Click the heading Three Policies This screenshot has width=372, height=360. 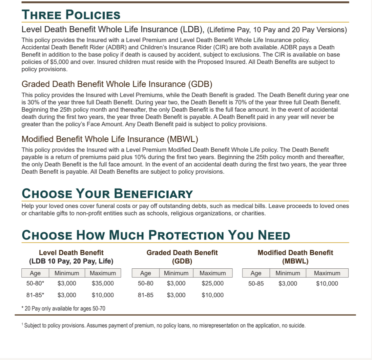(x=71, y=15)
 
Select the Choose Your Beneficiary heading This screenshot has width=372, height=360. (x=107, y=193)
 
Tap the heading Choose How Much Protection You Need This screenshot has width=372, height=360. (x=156, y=235)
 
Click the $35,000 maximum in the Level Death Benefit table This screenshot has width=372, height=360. (x=103, y=283)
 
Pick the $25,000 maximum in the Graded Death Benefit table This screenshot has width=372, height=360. (x=213, y=283)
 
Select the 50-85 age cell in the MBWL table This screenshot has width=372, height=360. (x=256, y=283)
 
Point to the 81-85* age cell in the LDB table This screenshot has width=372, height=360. (x=35, y=295)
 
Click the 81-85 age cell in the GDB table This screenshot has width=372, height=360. (x=145, y=295)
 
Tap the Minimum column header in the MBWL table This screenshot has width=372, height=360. (x=288, y=273)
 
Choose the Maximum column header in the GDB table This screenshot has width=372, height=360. (x=213, y=273)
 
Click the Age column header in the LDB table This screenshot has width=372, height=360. (x=35, y=273)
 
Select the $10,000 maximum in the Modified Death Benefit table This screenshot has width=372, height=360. (x=327, y=283)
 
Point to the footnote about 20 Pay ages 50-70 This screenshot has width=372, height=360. (x=63, y=308)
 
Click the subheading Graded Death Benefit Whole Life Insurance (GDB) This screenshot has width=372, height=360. (x=117, y=84)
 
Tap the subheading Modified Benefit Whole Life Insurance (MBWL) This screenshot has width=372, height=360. (x=110, y=139)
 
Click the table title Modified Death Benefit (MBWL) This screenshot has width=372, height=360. (x=295, y=257)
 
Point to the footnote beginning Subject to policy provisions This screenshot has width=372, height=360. (x=164, y=326)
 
